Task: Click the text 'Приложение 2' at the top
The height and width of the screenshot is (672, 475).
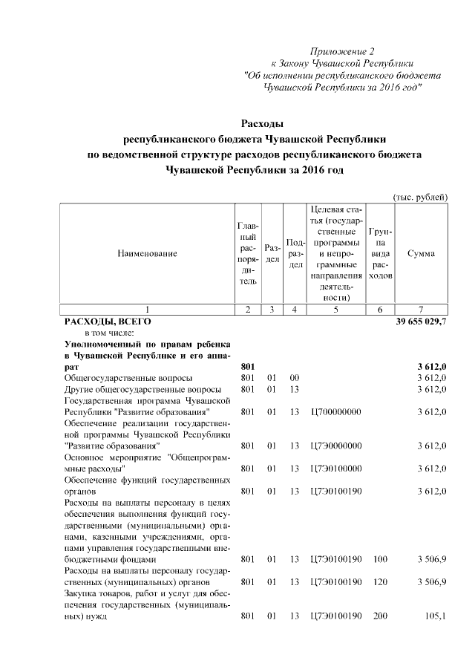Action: (x=343, y=51)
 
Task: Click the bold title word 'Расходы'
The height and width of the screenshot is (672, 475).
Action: (x=263, y=123)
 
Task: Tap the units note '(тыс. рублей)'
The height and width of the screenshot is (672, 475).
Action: (x=419, y=197)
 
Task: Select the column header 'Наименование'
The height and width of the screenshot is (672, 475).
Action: (x=147, y=254)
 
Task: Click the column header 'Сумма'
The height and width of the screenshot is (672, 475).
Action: (x=421, y=254)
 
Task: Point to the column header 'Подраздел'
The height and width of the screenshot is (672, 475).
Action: (x=295, y=254)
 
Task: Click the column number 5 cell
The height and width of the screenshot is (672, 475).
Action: (x=336, y=310)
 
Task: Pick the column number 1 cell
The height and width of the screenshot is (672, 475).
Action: (x=147, y=310)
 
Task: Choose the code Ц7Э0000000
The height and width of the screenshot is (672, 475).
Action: (x=337, y=446)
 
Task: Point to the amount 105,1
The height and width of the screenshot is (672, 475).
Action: (x=433, y=616)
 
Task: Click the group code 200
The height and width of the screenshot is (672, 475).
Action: (x=380, y=616)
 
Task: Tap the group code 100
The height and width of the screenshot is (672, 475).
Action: (x=380, y=559)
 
